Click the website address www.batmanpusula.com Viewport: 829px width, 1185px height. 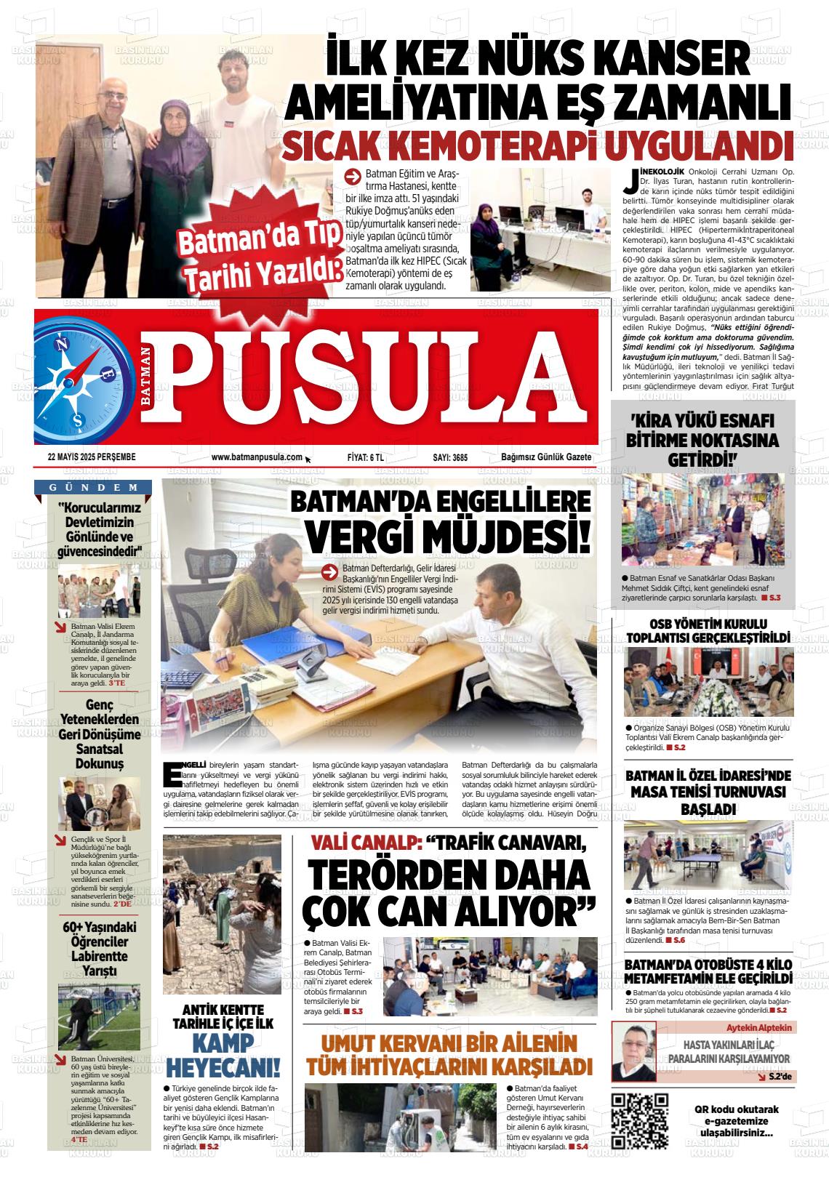[x=257, y=457]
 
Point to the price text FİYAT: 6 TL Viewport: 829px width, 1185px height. [x=365, y=457]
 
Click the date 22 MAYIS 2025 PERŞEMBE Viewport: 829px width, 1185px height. [x=92, y=457]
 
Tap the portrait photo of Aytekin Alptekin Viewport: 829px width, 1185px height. [x=633, y=1051]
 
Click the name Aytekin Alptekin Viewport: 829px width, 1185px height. [x=759, y=1028]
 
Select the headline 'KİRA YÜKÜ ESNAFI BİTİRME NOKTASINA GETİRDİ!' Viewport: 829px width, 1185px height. [x=702, y=441]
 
